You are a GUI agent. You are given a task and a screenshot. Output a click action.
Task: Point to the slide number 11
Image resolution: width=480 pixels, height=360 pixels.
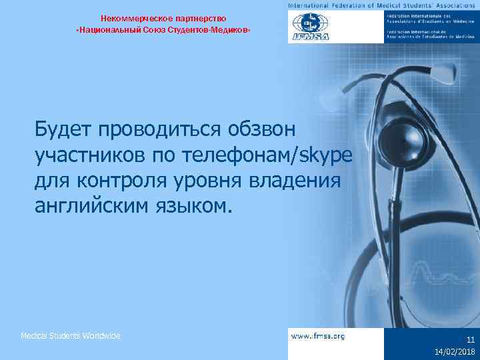pyautogui.click(x=471, y=339)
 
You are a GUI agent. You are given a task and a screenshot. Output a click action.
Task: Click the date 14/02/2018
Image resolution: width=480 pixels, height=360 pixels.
pyautogui.click(x=455, y=352)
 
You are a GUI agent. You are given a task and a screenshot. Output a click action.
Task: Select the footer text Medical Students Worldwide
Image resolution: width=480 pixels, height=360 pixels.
pyautogui.click(x=71, y=336)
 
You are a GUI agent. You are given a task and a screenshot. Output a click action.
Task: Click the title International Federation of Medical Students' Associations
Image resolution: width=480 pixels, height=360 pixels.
pyautogui.click(x=383, y=5)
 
